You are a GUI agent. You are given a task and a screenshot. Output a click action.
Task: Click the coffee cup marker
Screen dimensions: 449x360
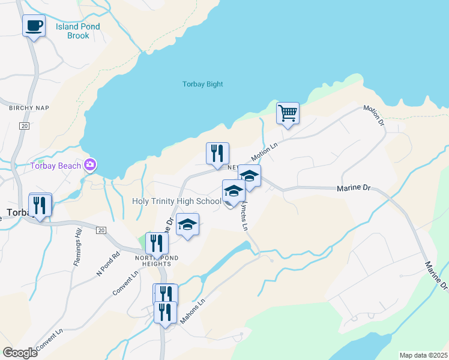[34, 26]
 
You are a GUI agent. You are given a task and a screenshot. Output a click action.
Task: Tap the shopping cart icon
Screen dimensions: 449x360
[288, 113]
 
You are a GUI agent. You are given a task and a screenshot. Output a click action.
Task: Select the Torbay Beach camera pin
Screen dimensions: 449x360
[90, 164]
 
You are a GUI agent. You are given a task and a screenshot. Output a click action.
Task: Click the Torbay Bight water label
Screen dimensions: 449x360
[203, 85]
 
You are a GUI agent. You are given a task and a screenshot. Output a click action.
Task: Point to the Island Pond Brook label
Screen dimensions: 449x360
[78, 31]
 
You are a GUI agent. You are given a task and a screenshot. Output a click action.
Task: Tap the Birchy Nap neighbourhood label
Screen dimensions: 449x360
[29, 108]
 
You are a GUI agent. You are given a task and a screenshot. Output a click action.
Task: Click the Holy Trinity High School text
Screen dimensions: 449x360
[176, 202]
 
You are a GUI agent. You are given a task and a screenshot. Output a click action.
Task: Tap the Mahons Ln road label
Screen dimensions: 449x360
[193, 311]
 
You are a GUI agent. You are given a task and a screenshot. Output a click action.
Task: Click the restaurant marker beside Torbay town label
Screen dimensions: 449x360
[40, 205]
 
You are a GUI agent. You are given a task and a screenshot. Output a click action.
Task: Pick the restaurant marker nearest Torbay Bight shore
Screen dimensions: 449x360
[217, 154]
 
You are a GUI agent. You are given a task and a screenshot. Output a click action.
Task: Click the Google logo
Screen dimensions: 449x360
[20, 353]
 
